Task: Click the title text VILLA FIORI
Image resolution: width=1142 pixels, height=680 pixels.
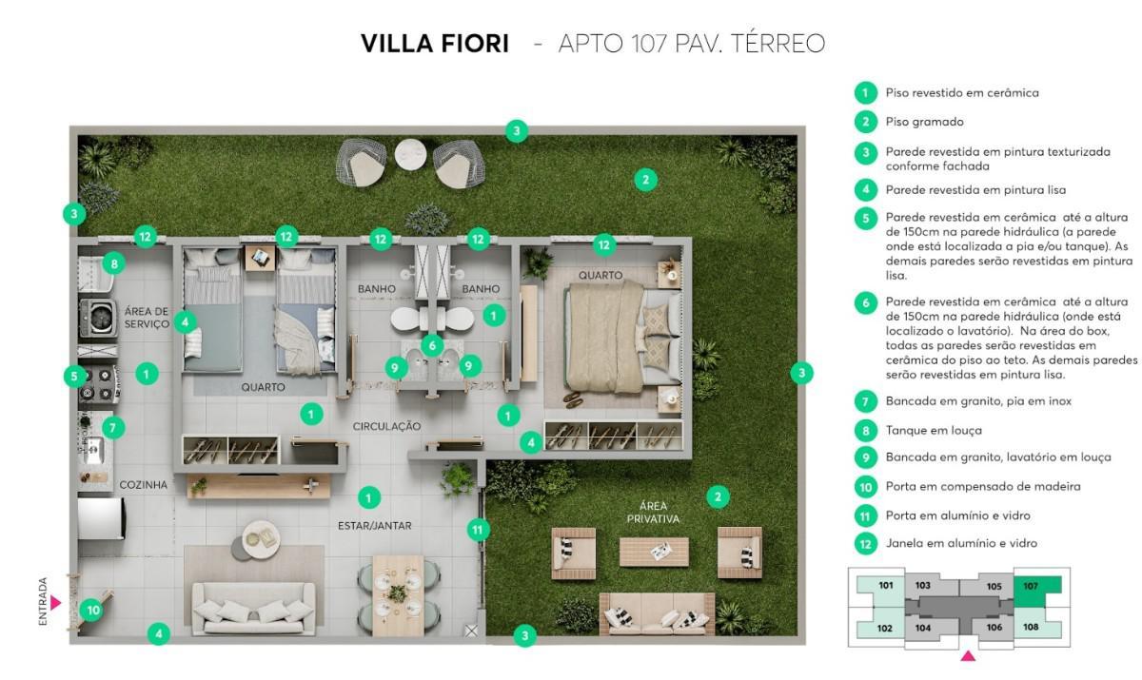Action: pyautogui.click(x=434, y=44)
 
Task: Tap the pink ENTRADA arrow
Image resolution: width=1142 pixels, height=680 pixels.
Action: pyautogui.click(x=55, y=602)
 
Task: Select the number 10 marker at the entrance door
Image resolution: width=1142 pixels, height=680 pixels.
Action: pyautogui.click(x=92, y=610)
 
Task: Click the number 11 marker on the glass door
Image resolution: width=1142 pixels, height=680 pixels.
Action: pyautogui.click(x=479, y=530)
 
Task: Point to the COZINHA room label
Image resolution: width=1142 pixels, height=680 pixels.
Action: pyautogui.click(x=143, y=485)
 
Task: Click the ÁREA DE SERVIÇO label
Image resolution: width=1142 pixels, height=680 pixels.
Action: pyautogui.click(x=147, y=318)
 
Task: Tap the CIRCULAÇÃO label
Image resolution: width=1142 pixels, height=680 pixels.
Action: pyautogui.click(x=386, y=427)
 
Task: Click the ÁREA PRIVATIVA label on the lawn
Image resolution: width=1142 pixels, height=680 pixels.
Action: pyautogui.click(x=653, y=512)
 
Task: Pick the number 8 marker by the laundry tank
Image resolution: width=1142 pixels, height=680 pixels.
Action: pyautogui.click(x=113, y=263)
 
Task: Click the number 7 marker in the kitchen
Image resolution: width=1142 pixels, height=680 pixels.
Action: pyautogui.click(x=112, y=428)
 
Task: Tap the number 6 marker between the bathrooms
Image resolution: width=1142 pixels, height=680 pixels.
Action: pyautogui.click(x=432, y=345)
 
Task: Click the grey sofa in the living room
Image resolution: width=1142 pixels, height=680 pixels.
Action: pyautogui.click(x=253, y=607)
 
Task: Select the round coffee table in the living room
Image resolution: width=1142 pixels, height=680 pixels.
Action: pyautogui.click(x=261, y=539)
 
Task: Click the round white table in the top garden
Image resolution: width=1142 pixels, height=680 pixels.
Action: pyautogui.click(x=411, y=154)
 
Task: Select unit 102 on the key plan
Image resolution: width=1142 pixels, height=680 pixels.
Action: pyautogui.click(x=885, y=627)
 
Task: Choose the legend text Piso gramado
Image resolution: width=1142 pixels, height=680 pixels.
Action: pyautogui.click(x=924, y=122)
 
